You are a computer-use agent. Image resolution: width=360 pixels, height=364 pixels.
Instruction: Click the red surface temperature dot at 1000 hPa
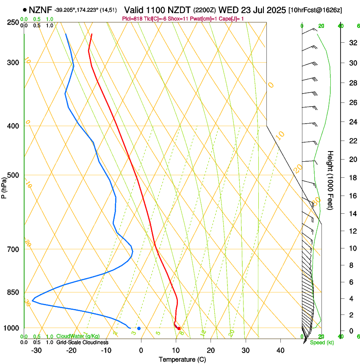179,328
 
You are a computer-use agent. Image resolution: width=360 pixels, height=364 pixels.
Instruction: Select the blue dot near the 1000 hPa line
139,328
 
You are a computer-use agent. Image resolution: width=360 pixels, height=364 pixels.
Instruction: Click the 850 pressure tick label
13,292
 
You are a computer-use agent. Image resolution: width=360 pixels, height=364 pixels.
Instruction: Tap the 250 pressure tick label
13,22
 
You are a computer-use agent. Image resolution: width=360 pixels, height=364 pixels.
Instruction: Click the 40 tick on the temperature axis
280,350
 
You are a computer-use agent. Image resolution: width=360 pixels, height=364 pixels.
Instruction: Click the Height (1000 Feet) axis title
330,180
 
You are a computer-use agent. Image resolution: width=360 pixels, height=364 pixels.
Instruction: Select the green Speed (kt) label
321,342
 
